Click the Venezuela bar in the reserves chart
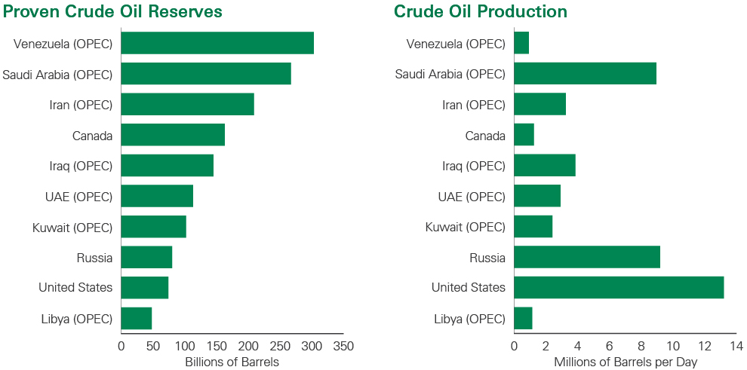[217, 43]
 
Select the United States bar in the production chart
[619, 287]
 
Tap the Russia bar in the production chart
[587, 257]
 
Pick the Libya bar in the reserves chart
[137, 318]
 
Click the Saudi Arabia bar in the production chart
[585, 74]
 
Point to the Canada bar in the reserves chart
[173, 135]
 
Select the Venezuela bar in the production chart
[521, 43]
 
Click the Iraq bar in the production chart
[545, 165]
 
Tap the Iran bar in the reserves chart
[187, 104]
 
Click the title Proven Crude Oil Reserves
[112, 11]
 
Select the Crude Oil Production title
[481, 11]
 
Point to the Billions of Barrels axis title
[232, 362]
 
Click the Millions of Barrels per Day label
[626, 362]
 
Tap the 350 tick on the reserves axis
[343, 346]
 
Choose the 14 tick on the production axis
[736, 346]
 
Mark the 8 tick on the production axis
[641, 346]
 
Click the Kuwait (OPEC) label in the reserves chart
[72, 227]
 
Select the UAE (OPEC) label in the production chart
[472, 197]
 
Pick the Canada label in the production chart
[485, 136]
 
